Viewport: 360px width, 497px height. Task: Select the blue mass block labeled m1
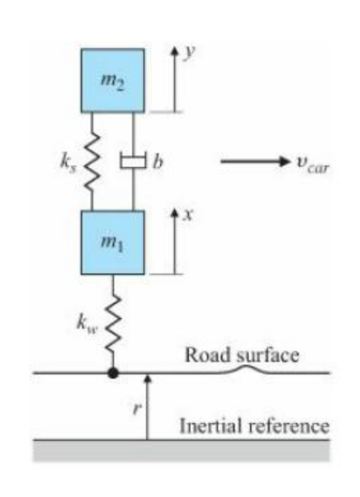[x=112, y=242]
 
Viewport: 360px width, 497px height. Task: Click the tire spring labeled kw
[x=112, y=321]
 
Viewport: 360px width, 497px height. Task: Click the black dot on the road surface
[x=112, y=372]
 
